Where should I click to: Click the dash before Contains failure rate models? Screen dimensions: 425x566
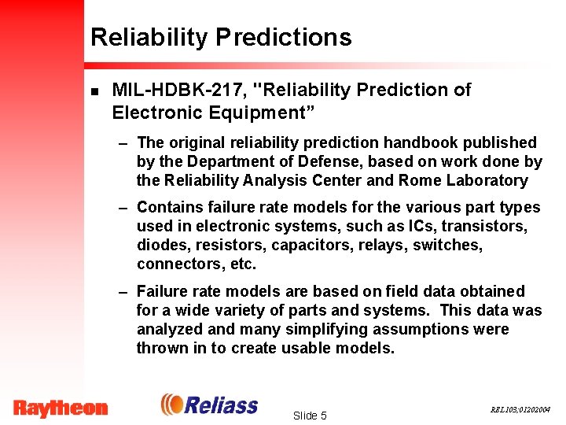(123, 208)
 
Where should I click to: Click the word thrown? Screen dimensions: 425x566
(162, 348)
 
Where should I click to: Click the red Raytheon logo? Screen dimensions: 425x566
(61, 408)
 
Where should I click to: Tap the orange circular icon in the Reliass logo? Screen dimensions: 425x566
(171, 405)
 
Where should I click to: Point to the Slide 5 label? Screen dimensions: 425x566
(309, 416)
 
